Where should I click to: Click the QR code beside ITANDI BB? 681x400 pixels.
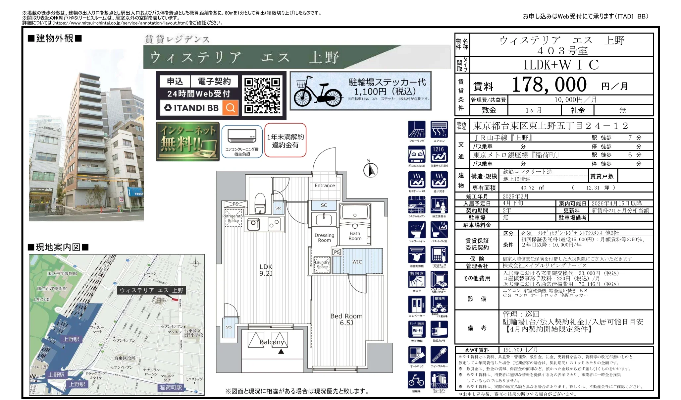pyautogui.click(x=262, y=95)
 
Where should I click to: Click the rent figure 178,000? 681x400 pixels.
pyautogui.click(x=549, y=85)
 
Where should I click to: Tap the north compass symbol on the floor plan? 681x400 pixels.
pyautogui.click(x=371, y=170)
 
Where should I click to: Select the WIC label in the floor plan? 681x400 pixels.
pyautogui.click(x=357, y=262)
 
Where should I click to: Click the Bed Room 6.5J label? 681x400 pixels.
pyautogui.click(x=346, y=319)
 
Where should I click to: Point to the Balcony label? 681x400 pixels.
pyautogui.click(x=272, y=342)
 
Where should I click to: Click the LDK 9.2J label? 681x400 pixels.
pyautogui.click(x=266, y=270)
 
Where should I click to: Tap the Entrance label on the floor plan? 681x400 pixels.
pyautogui.click(x=325, y=186)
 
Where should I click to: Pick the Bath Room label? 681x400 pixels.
pyautogui.click(x=355, y=236)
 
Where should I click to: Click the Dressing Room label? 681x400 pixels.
pyautogui.click(x=324, y=238)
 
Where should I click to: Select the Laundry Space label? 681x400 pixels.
pyautogui.click(x=322, y=264)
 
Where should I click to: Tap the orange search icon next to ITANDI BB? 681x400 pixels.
pyautogui.click(x=231, y=108)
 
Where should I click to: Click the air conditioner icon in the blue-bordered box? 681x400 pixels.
pyautogui.click(x=242, y=136)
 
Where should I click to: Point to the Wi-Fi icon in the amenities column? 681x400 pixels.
pyautogui.click(x=417, y=330)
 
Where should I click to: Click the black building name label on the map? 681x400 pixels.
pyautogui.click(x=151, y=290)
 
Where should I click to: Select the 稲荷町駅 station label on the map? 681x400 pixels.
pyautogui.click(x=171, y=387)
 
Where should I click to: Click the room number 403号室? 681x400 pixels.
pyautogui.click(x=562, y=51)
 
